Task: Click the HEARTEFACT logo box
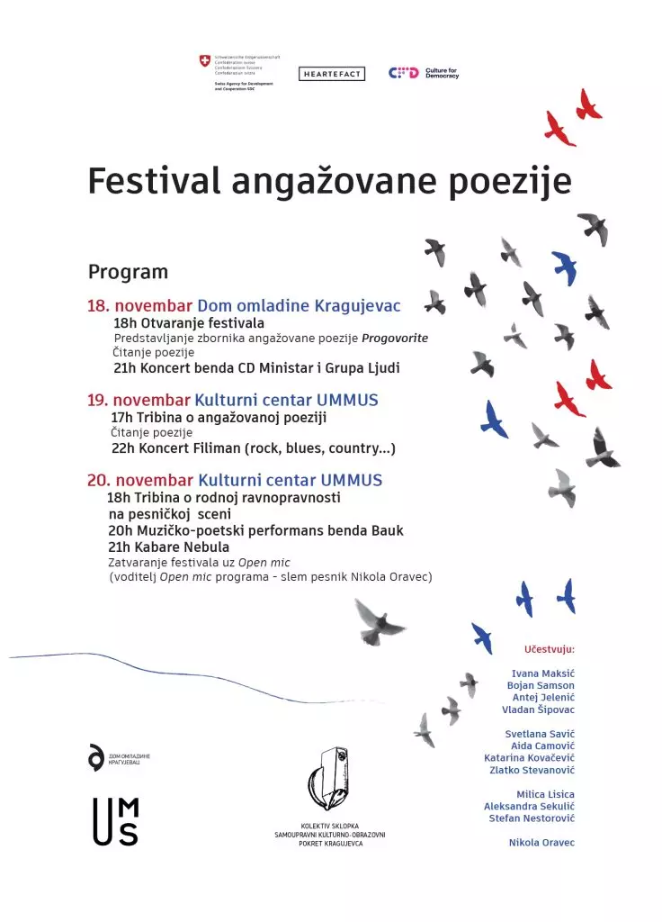click(x=332, y=74)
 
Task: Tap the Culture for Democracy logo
click(x=424, y=73)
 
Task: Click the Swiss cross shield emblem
click(x=205, y=61)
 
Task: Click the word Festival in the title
click(x=154, y=181)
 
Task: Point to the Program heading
click(x=128, y=272)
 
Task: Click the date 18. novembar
click(x=139, y=305)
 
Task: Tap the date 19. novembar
click(x=139, y=400)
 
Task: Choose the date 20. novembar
click(x=139, y=480)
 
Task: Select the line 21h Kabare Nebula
click(x=168, y=547)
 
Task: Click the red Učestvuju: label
click(x=549, y=648)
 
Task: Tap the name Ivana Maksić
click(x=542, y=673)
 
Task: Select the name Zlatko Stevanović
click(x=532, y=770)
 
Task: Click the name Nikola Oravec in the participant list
click(x=541, y=842)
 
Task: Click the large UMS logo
click(x=116, y=821)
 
